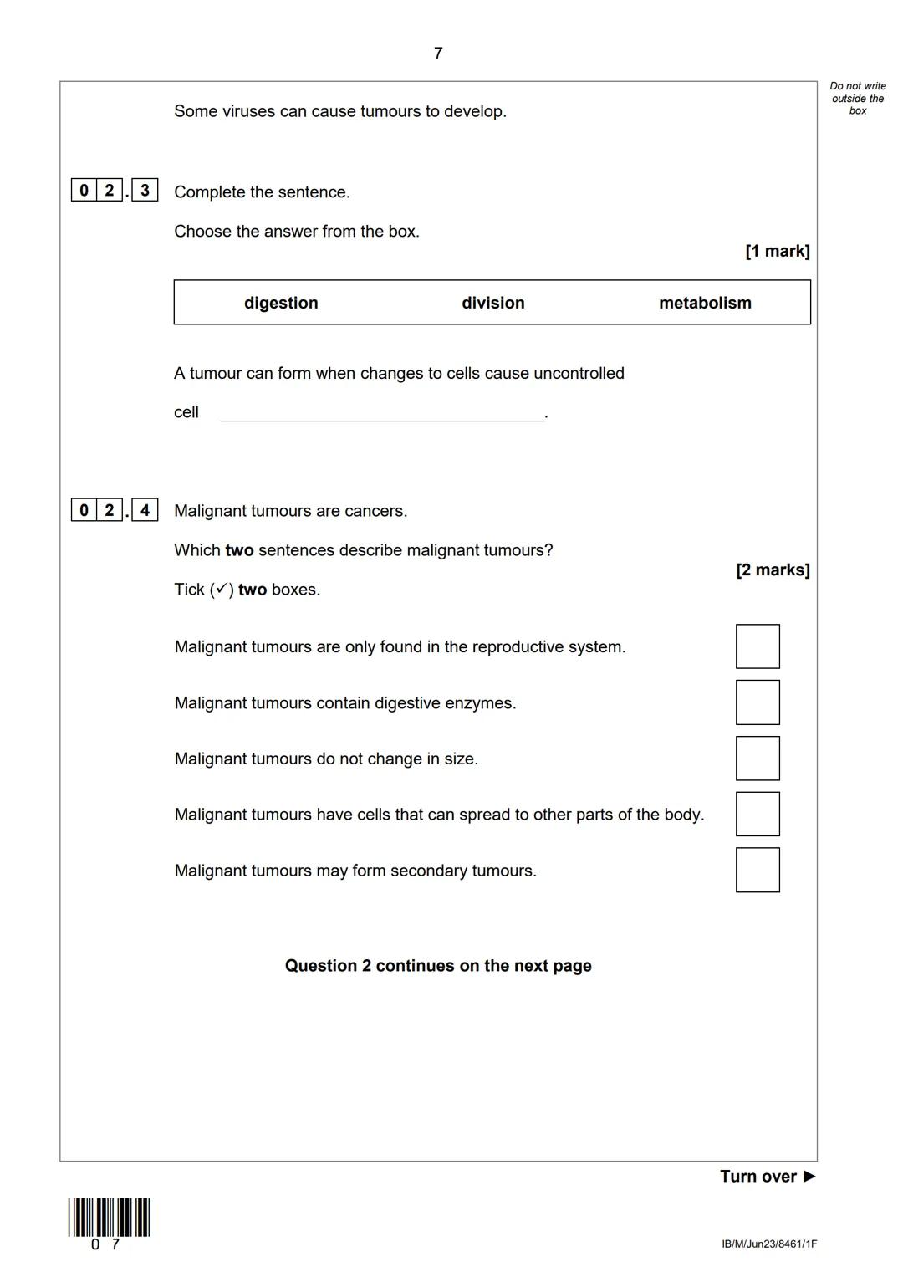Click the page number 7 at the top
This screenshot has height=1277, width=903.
[438, 54]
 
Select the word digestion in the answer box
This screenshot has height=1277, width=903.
[281, 303]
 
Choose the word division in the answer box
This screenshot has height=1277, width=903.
[493, 303]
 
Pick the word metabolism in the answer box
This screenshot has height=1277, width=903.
[705, 303]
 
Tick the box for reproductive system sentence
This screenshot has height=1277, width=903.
[758, 646]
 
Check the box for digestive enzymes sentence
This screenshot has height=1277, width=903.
[758, 702]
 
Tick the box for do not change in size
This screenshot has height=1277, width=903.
[758, 759]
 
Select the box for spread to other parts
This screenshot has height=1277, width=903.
[758, 814]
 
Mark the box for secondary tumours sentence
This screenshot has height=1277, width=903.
[758, 870]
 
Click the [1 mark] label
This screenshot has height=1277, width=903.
[777, 251]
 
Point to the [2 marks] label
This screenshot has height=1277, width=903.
[773, 570]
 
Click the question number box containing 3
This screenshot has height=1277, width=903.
[145, 191]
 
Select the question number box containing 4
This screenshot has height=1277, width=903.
[145, 509]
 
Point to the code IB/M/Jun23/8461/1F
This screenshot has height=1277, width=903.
[769, 1244]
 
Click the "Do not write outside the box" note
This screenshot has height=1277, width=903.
[858, 99]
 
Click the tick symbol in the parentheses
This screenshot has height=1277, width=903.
[222, 590]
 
